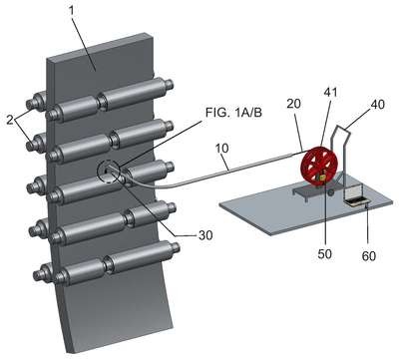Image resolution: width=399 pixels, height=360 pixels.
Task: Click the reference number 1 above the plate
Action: point(72,11)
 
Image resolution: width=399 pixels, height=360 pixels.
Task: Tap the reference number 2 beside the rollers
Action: point(10,120)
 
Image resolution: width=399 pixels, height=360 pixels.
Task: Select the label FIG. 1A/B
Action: point(233,113)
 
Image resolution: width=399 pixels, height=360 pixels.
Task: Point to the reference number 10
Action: point(222,148)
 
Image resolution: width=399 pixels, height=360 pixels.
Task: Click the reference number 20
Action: point(293,104)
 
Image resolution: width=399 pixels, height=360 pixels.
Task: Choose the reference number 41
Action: point(330,92)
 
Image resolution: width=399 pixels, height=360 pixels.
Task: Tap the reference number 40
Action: point(377,104)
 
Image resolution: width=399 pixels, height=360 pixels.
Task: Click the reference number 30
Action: point(205,235)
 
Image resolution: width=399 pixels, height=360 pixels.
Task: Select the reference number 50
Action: point(324,254)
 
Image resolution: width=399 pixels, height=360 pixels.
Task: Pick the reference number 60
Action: point(369,256)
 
